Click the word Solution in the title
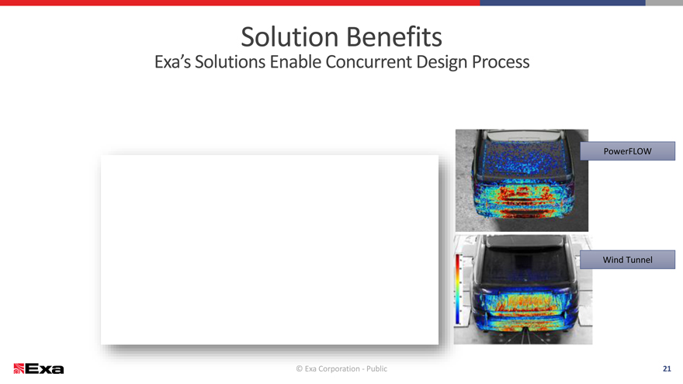pyautogui.click(x=289, y=37)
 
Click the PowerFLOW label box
pyautogui.click(x=628, y=151)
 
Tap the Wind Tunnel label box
pyautogui.click(x=628, y=259)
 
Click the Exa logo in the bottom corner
pyautogui.click(x=38, y=368)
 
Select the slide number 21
pyautogui.click(x=667, y=368)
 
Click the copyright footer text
pyautogui.click(x=341, y=368)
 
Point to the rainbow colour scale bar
pyautogui.click(x=457, y=289)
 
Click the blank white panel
pyautogui.click(x=269, y=250)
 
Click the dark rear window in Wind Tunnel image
pyautogui.click(x=525, y=265)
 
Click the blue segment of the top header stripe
pyautogui.click(x=563, y=2)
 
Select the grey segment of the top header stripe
pyautogui.click(x=664, y=2)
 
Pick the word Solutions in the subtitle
pyautogui.click(x=230, y=62)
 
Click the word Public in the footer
pyautogui.click(x=376, y=368)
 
